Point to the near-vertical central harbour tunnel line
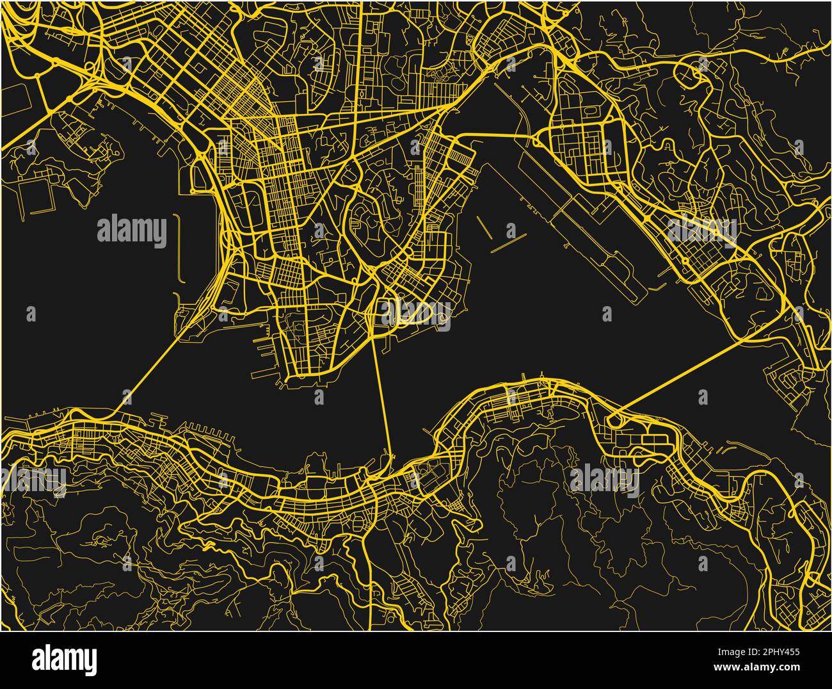(382, 397)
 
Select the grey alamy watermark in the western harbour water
(132, 232)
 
